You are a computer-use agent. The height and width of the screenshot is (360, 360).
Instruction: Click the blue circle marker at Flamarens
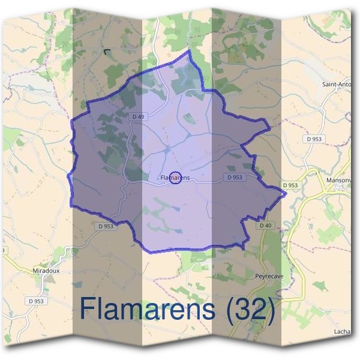pyautogui.click(x=175, y=178)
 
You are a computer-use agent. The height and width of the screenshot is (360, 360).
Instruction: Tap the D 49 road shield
pyautogui.click(x=137, y=116)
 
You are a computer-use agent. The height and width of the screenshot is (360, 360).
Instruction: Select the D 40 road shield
pyautogui.click(x=266, y=225)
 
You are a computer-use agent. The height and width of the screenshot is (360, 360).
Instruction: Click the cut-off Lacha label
pyautogui.click(x=342, y=331)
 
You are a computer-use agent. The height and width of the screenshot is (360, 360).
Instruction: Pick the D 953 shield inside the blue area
pyautogui.click(x=235, y=177)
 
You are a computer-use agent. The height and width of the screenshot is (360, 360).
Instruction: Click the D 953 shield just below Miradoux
pyautogui.click(x=36, y=300)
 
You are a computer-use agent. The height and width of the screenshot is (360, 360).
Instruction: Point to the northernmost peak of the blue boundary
pyautogui.click(x=190, y=52)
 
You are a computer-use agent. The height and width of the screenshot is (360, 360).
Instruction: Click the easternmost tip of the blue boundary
pyautogui.click(x=286, y=193)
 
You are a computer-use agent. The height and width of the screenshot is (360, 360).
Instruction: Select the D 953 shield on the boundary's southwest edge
pyautogui.click(x=105, y=226)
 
